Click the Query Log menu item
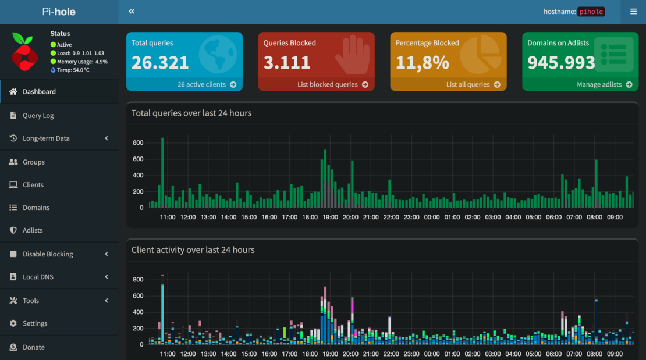38,115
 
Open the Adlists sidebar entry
33,230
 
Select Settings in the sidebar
35,323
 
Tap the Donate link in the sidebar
33,347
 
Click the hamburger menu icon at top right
633,12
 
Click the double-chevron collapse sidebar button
132,12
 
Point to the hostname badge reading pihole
591,12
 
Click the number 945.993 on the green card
561,62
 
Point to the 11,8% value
422,62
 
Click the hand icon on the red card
352,55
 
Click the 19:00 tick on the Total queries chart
330,217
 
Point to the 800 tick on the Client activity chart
137,279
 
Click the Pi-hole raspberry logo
24,52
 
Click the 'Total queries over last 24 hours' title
191,113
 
